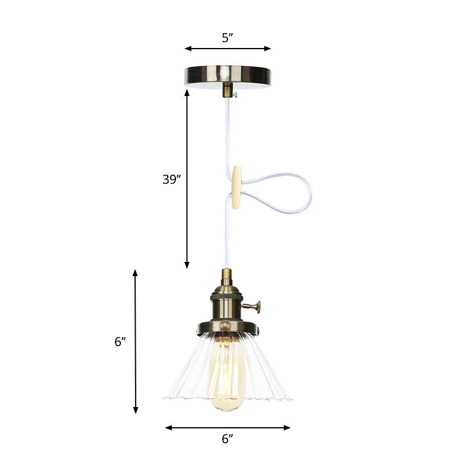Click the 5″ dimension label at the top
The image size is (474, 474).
[228, 39]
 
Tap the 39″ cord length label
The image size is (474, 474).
[171, 180]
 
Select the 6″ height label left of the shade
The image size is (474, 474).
[120, 341]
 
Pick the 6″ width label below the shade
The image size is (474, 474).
[228, 438]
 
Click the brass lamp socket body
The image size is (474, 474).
[227, 302]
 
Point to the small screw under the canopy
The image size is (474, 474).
[235, 94]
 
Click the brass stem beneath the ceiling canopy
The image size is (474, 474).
[227, 90]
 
